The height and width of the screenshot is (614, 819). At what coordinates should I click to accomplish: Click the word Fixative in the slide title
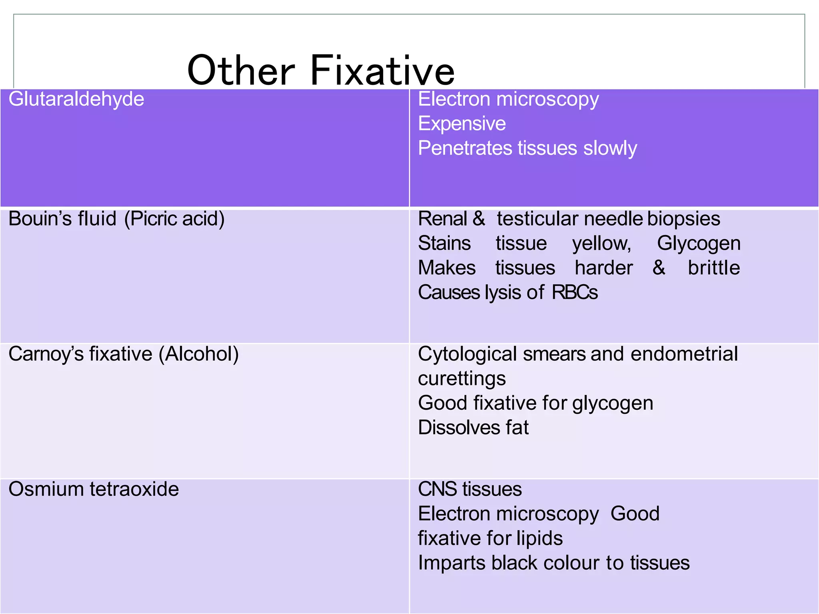click(x=382, y=71)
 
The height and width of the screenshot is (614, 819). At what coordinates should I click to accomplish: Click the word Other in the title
click(x=241, y=71)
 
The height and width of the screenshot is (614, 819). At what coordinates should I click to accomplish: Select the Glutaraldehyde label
click(x=76, y=99)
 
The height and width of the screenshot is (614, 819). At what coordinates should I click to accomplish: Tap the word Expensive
click(x=462, y=124)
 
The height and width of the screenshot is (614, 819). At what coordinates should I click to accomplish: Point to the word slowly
click(x=610, y=148)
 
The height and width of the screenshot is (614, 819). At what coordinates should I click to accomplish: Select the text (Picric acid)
click(x=174, y=219)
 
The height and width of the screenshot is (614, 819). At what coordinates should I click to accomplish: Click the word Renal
click(x=442, y=219)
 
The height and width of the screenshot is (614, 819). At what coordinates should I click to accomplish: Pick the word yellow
click(x=601, y=243)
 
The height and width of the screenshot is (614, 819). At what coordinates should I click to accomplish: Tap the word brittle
click(x=714, y=268)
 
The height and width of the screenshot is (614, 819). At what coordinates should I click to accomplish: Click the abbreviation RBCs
click(x=575, y=292)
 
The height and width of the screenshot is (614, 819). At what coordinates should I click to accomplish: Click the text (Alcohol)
click(x=199, y=354)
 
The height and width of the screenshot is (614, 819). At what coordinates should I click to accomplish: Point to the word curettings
click(x=462, y=379)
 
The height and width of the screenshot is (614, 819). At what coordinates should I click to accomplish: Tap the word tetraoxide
click(x=134, y=489)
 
